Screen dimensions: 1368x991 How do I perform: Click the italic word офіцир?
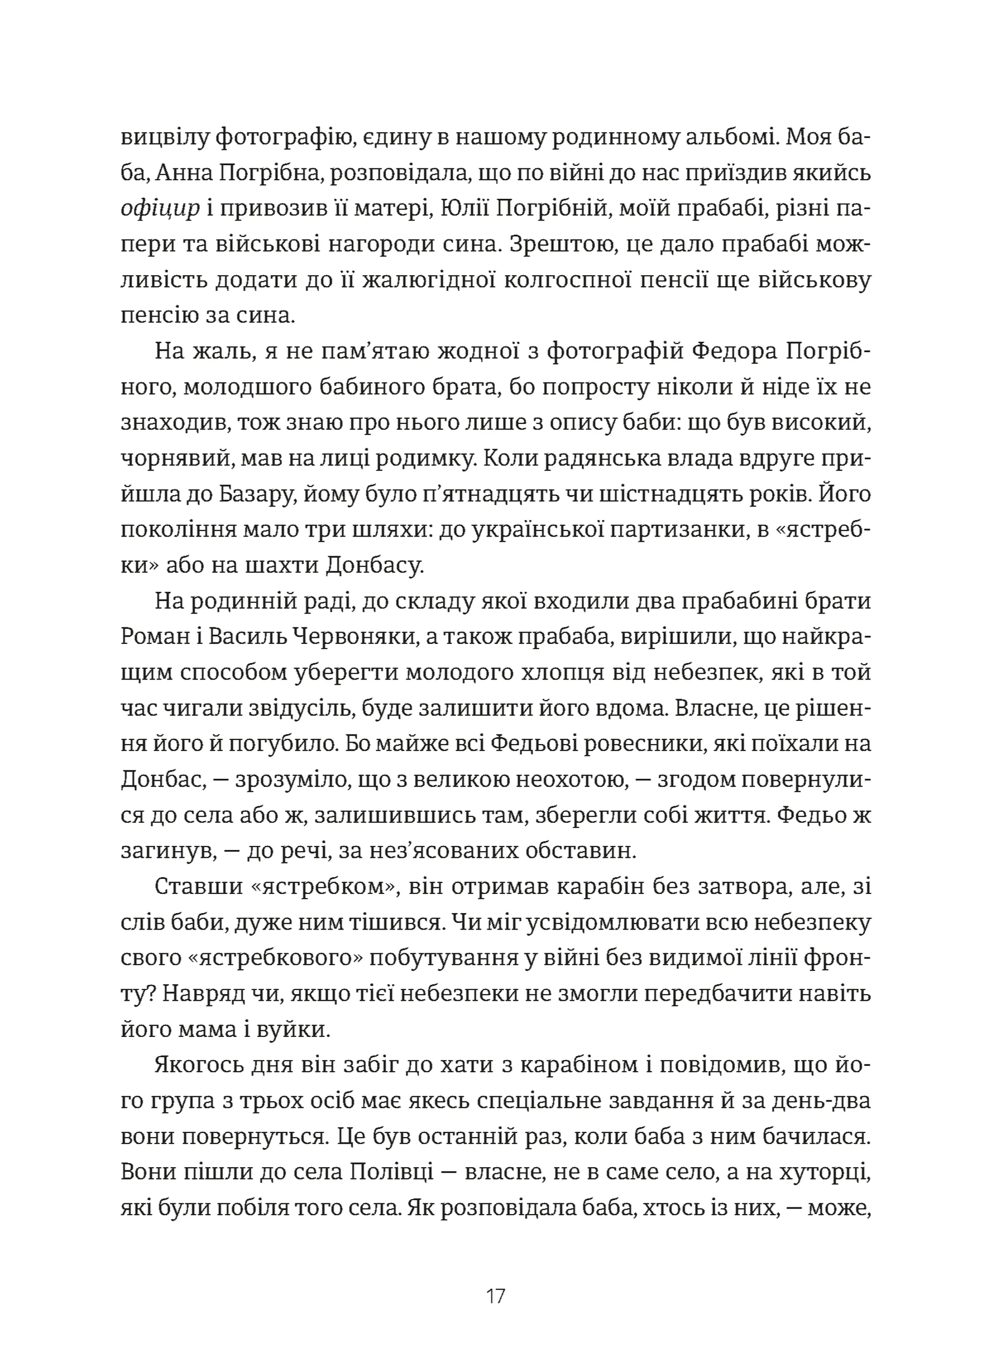click(x=159, y=209)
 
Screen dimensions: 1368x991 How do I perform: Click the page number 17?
click(x=495, y=1295)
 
